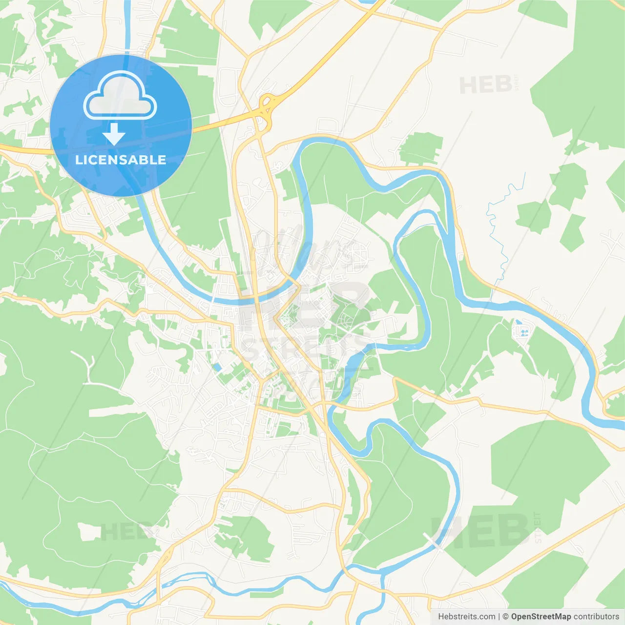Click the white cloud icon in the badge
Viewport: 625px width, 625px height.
pyautogui.click(x=120, y=96)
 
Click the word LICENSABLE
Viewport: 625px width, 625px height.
pyautogui.click(x=121, y=160)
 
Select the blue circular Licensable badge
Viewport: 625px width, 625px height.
pyautogui.click(x=121, y=125)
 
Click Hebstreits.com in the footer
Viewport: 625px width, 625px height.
pyautogui.click(x=466, y=617)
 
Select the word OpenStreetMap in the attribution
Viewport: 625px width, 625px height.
pyautogui.click(x=541, y=617)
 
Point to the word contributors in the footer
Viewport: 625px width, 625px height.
pyautogui.click(x=596, y=617)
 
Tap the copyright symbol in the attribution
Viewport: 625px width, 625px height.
pyautogui.click(x=505, y=617)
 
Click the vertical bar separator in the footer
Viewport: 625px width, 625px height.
pyautogui.click(x=499, y=617)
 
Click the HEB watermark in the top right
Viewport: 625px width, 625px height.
pyautogui.click(x=486, y=85)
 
